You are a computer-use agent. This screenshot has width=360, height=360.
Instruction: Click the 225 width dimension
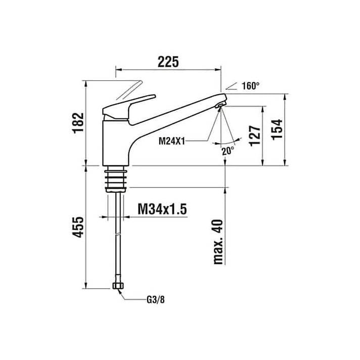coord(168,62)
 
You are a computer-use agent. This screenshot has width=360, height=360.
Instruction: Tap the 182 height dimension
coord(78,123)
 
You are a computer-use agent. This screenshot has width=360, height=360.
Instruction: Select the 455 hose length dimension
coord(78,227)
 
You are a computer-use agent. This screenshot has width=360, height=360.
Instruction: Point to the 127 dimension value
coord(255,136)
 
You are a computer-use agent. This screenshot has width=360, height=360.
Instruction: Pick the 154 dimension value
coord(277,129)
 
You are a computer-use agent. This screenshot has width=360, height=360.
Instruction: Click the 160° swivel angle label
coord(250,86)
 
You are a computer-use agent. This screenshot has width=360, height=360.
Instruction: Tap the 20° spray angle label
coord(228,151)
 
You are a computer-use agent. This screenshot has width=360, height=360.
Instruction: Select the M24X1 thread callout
coord(172,141)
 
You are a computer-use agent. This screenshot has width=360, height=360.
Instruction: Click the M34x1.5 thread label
coord(162,209)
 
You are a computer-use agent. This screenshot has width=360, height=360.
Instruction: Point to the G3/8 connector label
coord(156,300)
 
